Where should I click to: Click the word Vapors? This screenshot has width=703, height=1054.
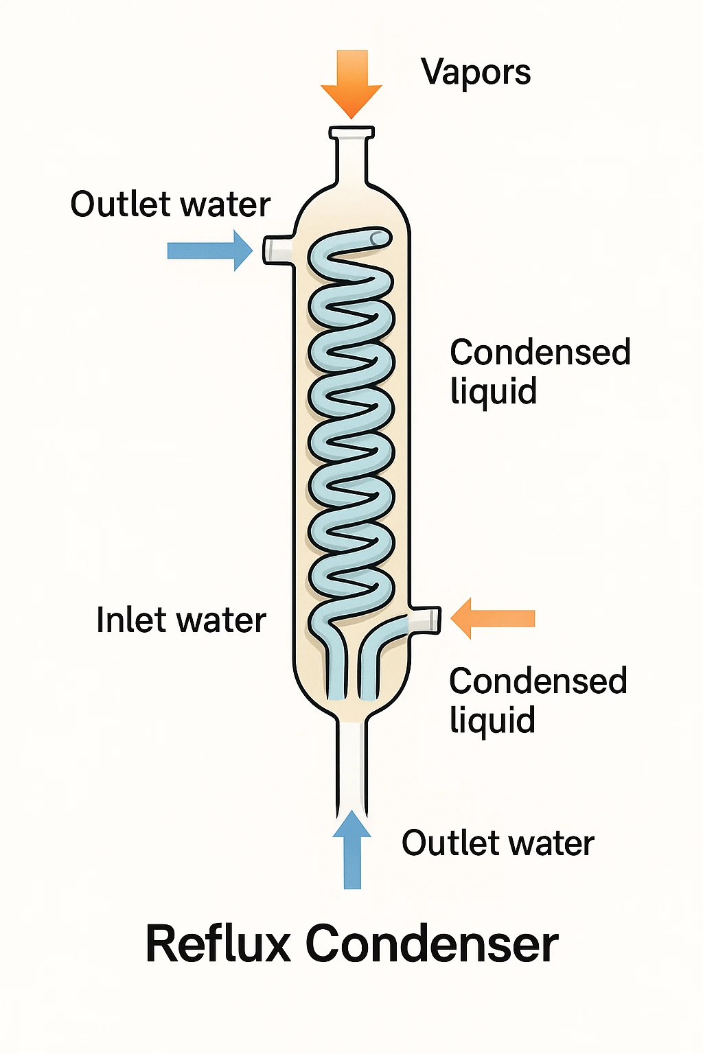[x=476, y=72]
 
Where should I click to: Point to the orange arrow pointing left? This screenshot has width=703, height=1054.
[x=492, y=618]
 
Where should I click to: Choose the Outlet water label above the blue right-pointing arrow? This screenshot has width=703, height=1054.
[x=170, y=204]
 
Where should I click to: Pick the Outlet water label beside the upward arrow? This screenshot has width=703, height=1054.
[x=498, y=843]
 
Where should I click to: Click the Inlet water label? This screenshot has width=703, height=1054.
[x=181, y=620]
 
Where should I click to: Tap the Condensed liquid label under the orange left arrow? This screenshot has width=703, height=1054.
[x=538, y=700]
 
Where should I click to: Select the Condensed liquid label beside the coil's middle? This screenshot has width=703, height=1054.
[x=540, y=371]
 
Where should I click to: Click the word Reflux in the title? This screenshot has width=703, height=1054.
[x=218, y=944]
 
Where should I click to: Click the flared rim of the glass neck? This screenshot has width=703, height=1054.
[x=351, y=132]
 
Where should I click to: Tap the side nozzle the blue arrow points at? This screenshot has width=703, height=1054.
[x=277, y=249]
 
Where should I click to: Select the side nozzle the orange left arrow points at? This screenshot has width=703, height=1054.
[x=424, y=619]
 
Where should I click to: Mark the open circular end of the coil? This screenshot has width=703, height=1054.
[x=378, y=238]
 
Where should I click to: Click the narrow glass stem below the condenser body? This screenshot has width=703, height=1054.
[x=352, y=762]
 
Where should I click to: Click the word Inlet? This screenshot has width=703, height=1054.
[x=130, y=620]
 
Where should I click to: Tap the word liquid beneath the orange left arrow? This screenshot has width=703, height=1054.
[x=492, y=721]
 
